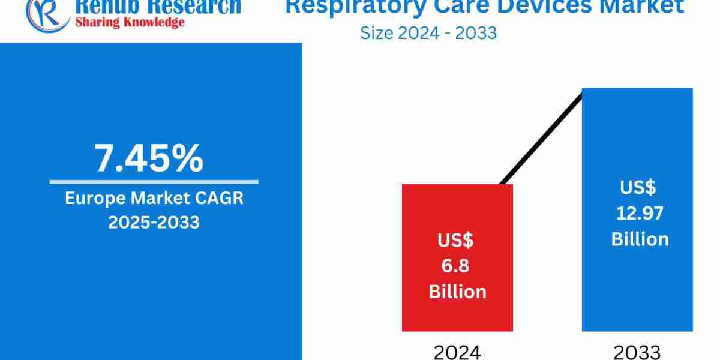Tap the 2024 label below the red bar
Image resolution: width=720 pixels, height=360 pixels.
tap(457, 352)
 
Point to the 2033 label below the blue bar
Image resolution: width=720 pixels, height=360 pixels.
tap(637, 352)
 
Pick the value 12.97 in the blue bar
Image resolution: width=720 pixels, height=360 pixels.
tap(640, 213)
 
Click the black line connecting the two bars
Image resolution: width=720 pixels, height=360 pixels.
tap(540, 138)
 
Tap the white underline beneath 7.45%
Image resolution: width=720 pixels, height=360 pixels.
tap(154, 181)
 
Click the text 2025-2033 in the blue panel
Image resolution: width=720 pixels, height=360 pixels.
tap(154, 222)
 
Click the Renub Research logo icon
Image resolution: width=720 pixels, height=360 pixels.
tap(46, 12)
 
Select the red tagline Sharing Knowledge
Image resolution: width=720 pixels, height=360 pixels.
tap(129, 23)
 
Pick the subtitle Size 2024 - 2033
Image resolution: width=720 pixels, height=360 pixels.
tap(428, 32)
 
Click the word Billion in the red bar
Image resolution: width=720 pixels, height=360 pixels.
tap(457, 292)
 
